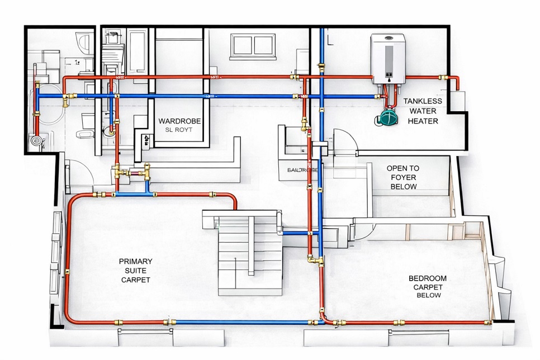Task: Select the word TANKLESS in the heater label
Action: (x=423, y=101)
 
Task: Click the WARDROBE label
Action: (x=179, y=121)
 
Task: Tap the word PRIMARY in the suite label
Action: (x=135, y=261)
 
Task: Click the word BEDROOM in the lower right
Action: (x=428, y=278)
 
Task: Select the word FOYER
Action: (x=403, y=177)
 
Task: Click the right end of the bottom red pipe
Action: (x=487, y=323)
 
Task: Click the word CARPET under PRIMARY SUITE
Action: (x=135, y=279)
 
